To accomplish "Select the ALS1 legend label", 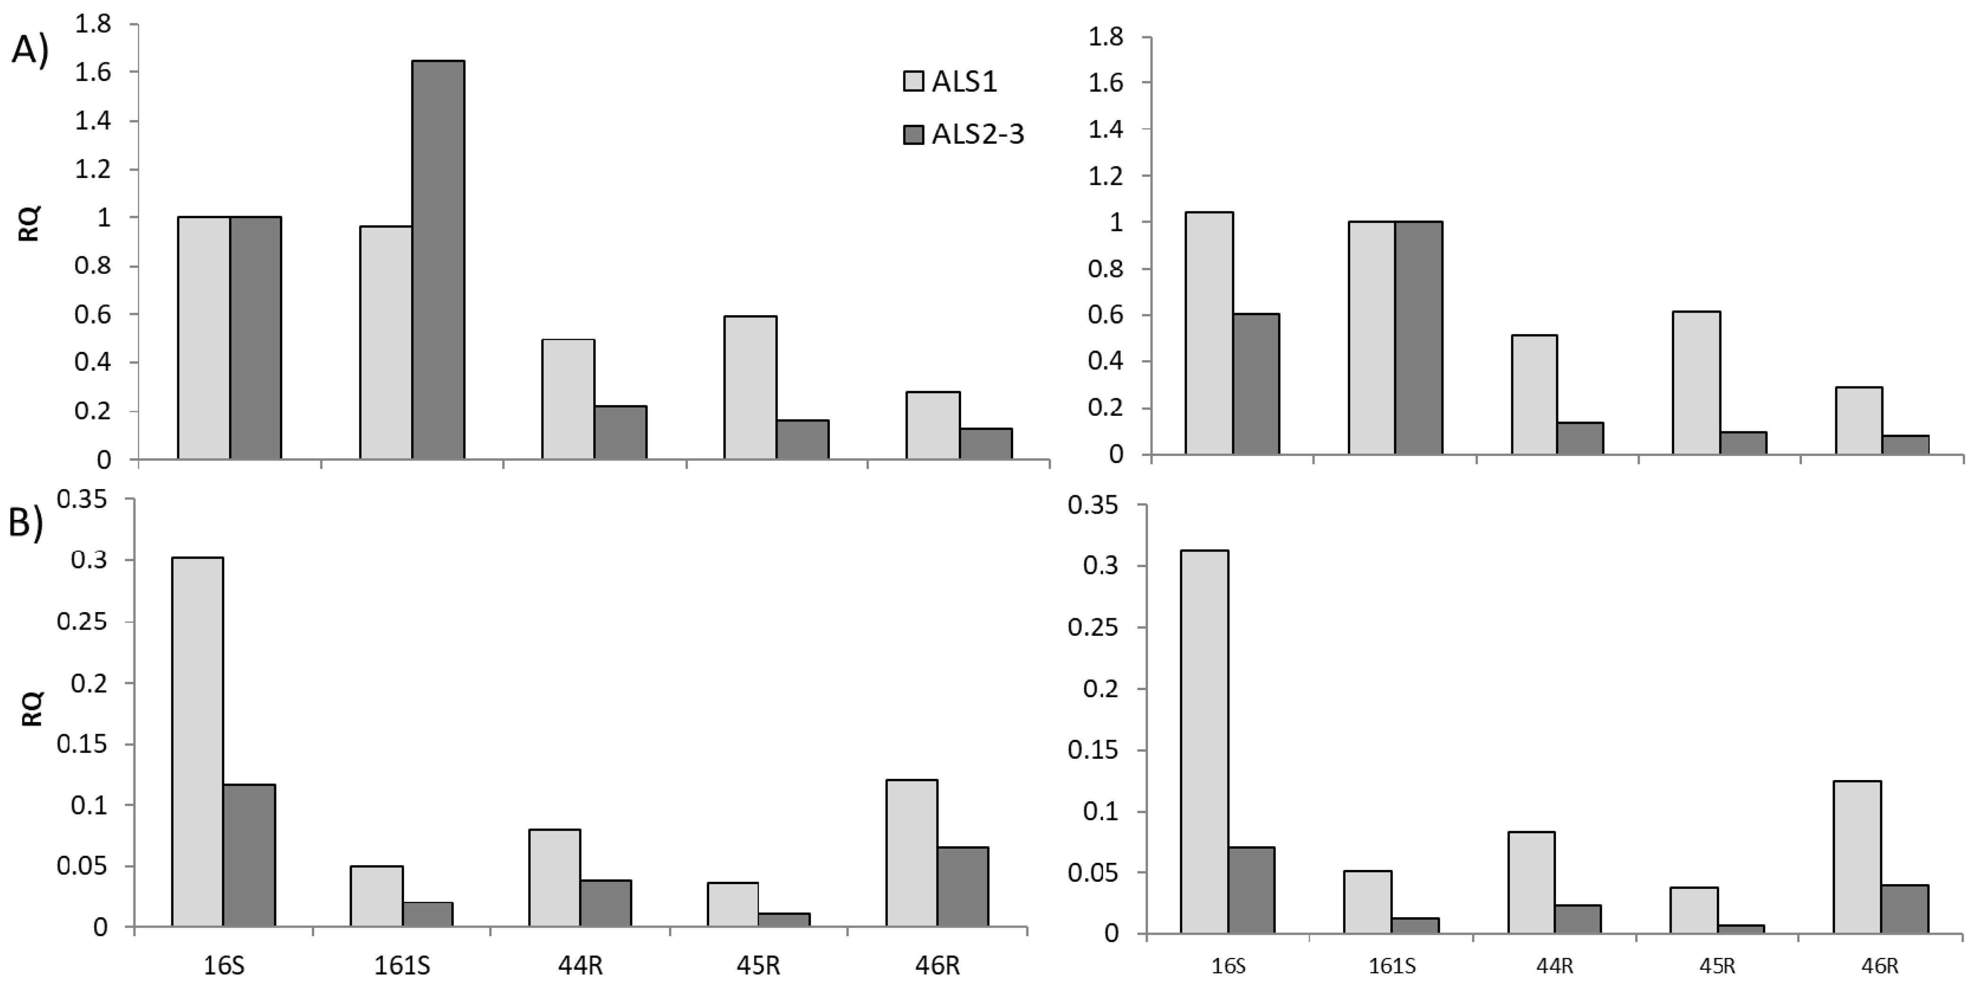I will point(964,82).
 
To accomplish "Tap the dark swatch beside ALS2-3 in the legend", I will point(914,135).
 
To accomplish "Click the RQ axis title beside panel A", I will point(29,224).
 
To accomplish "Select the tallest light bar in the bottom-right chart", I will point(1204,742).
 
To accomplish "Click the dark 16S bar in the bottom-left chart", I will point(249,856).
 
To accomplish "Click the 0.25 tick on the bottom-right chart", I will point(1094,627).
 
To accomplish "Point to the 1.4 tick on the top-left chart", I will point(92,121).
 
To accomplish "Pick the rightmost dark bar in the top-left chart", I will point(985,444).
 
